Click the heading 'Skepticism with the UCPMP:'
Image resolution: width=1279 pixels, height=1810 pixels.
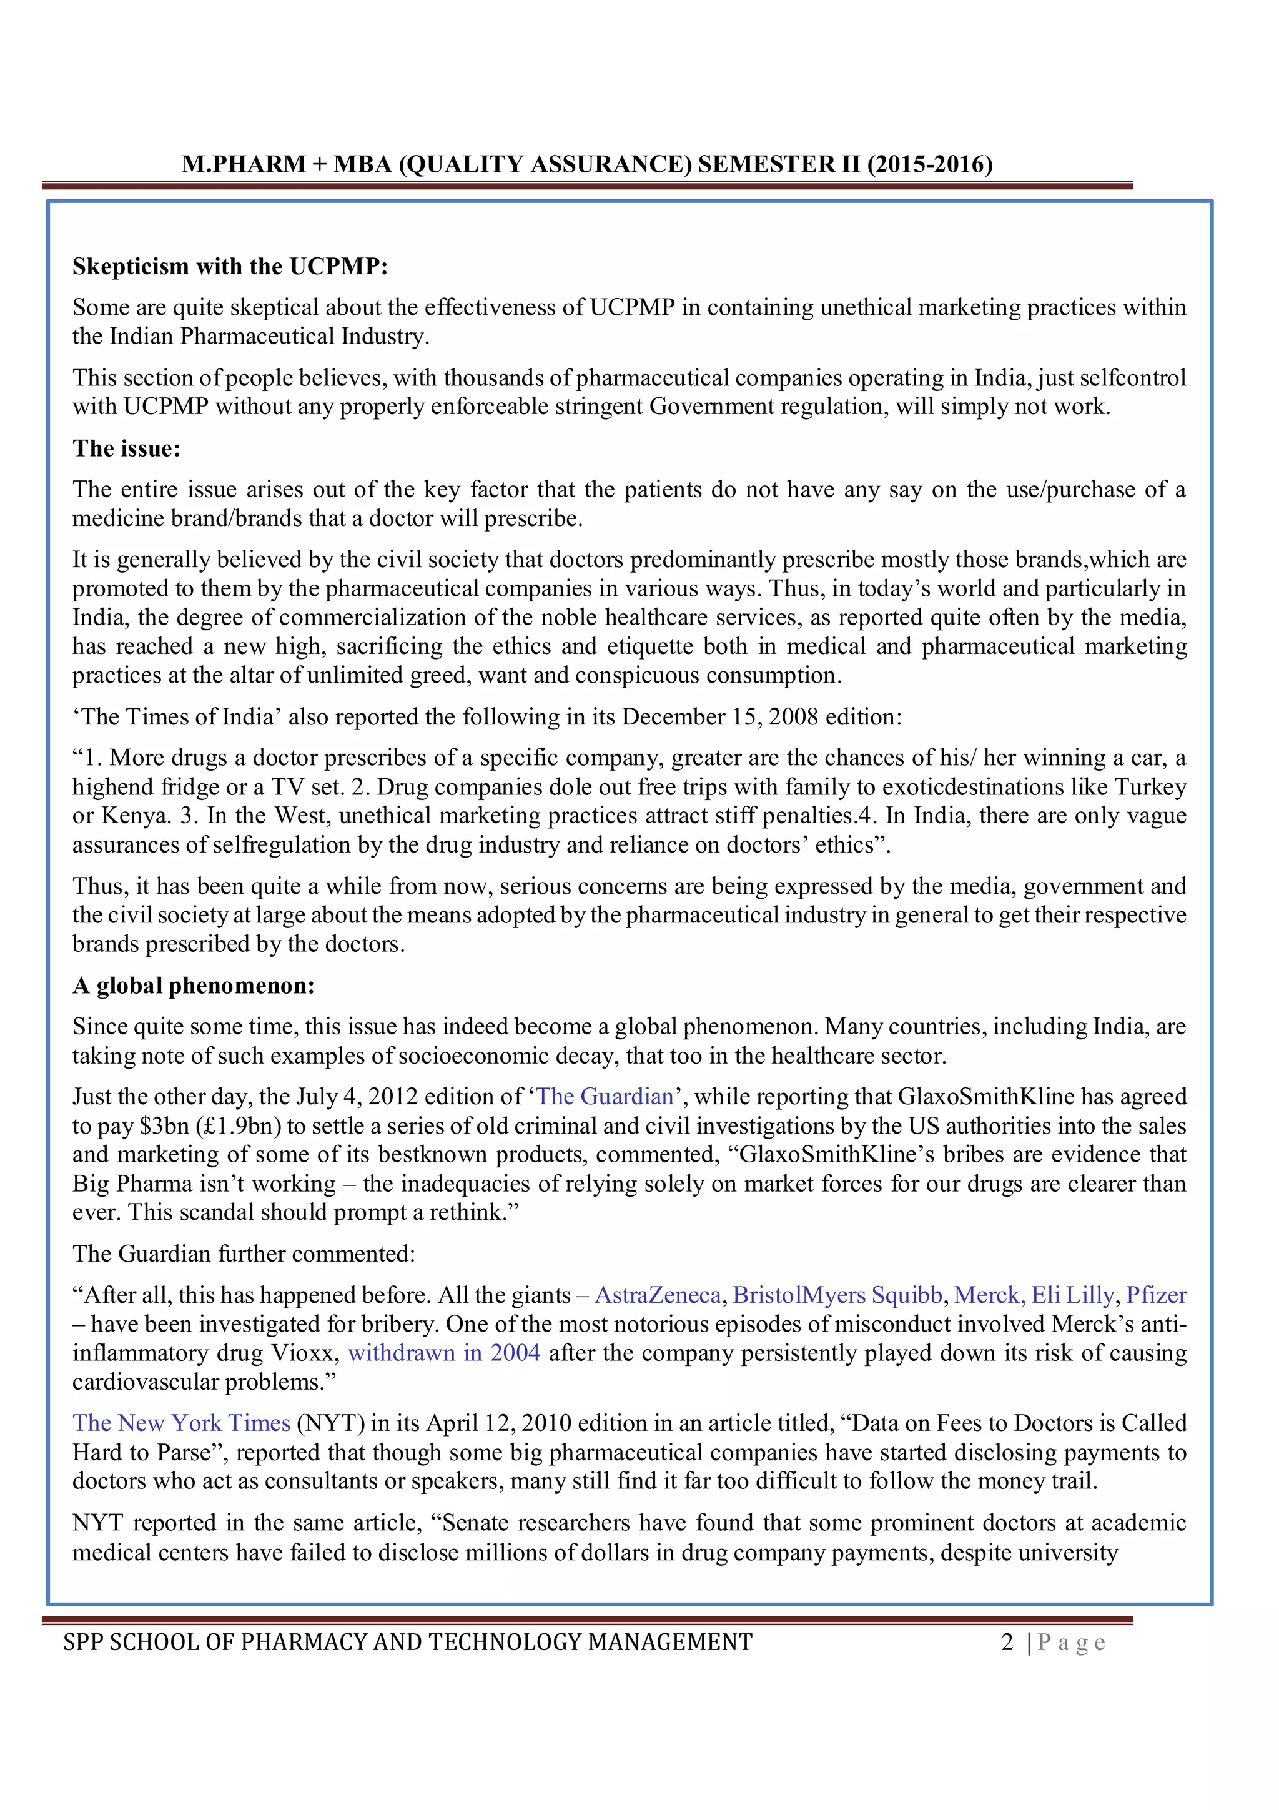coord(230,267)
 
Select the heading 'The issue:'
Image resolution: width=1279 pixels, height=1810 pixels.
coord(127,448)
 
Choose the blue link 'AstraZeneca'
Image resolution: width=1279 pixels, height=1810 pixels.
coord(657,1295)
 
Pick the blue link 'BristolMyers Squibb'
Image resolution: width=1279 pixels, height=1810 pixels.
coord(837,1295)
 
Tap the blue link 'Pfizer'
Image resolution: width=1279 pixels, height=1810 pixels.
coord(1156,1295)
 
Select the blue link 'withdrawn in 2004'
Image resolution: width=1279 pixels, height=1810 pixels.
coord(443,1353)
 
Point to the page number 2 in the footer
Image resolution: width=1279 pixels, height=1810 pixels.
coord(1007,1642)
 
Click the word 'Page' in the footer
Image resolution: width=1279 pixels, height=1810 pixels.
coord(1072,1643)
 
